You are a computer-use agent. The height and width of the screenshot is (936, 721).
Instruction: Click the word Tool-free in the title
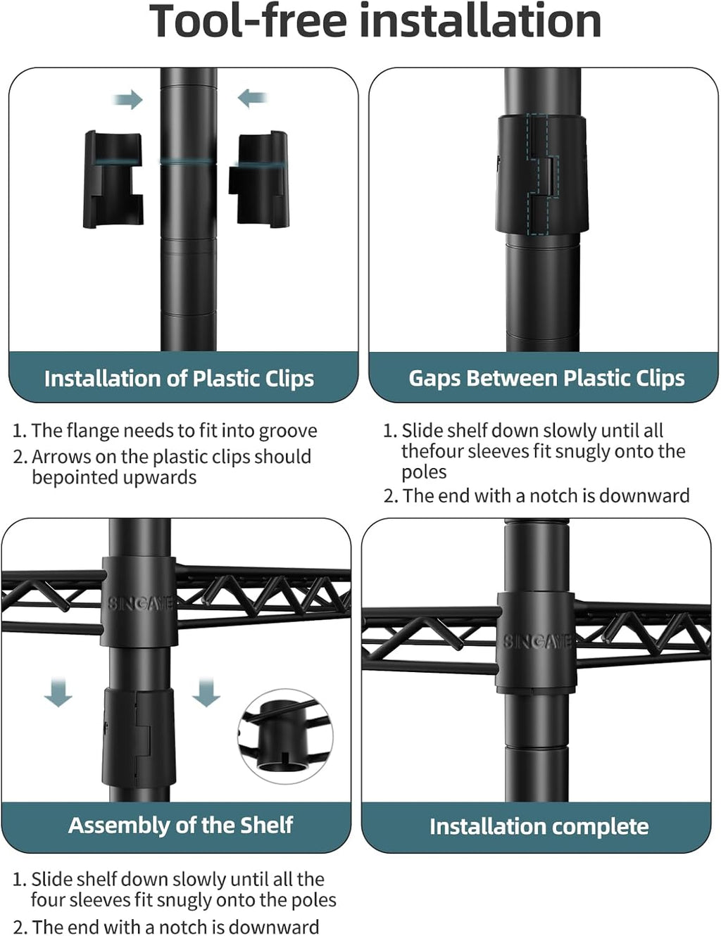point(249,22)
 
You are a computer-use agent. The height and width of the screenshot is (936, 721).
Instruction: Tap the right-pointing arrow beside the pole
point(127,99)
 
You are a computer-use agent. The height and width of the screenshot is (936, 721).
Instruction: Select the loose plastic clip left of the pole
point(113,179)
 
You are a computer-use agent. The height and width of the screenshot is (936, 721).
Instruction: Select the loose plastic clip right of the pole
point(258,178)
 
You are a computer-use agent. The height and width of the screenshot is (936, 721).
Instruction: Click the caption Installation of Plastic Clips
point(180,378)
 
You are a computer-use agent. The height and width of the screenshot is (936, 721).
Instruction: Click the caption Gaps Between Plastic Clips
point(546,378)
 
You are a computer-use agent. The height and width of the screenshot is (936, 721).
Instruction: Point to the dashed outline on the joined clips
point(543,174)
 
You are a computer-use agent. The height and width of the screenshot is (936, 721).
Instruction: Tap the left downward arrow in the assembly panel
point(58,692)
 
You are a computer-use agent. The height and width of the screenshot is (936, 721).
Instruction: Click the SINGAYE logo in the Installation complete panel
point(537,641)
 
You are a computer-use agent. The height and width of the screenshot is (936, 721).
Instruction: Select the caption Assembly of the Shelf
point(180,825)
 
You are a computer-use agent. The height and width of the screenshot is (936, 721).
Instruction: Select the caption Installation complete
point(539,826)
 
